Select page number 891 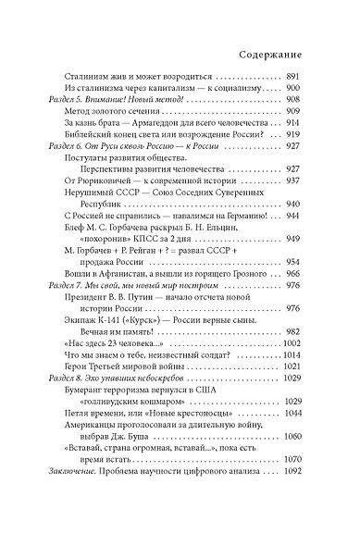(x=311, y=74)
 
